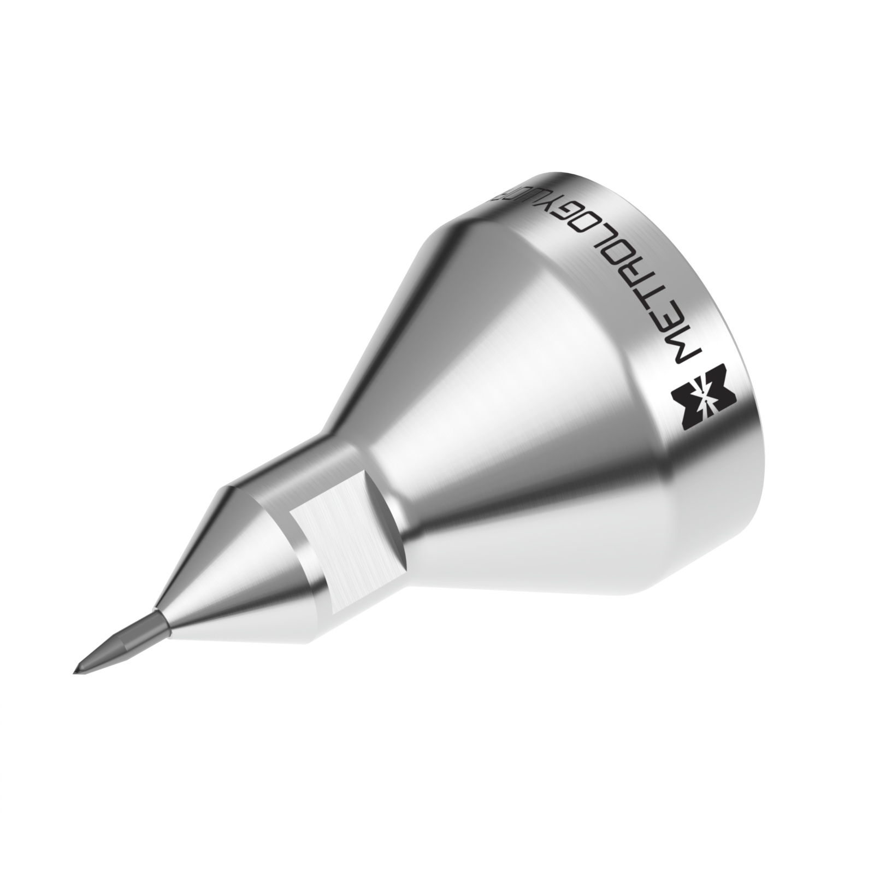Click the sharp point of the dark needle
click(75, 671)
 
